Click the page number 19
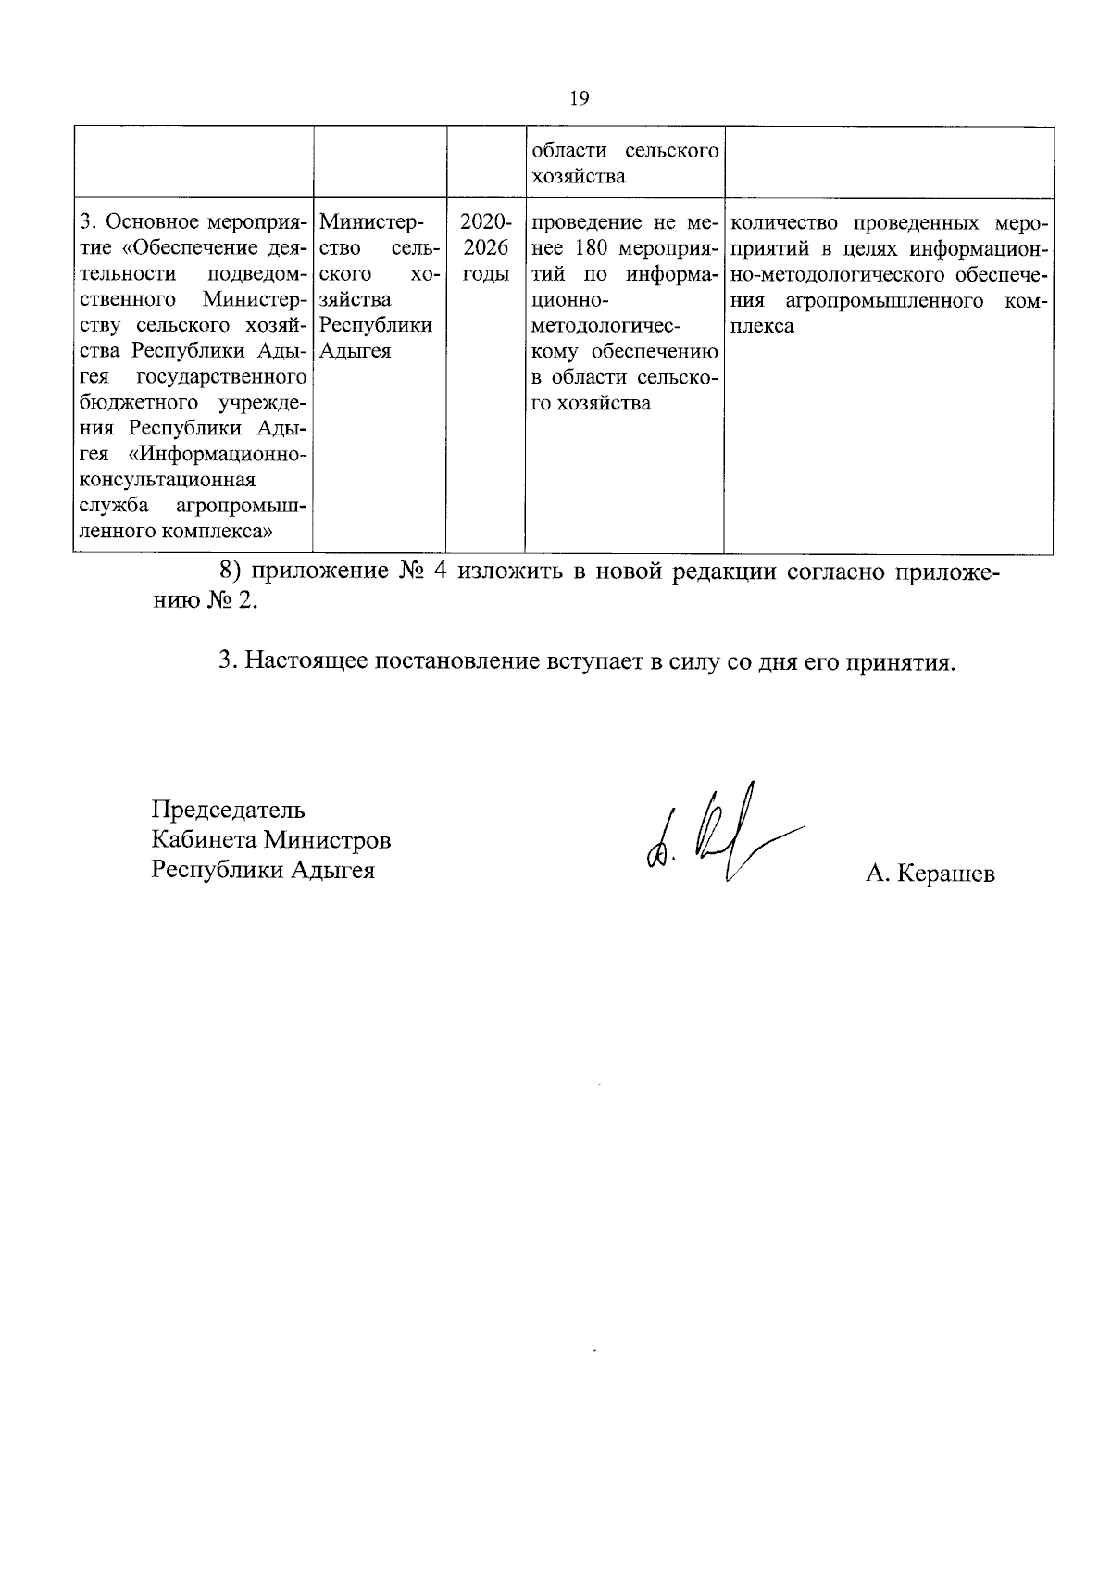tap(580, 99)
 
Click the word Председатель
tap(229, 810)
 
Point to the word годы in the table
tap(485, 275)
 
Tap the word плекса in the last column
tap(762, 327)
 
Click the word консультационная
tap(168, 481)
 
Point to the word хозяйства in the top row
tap(578, 177)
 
